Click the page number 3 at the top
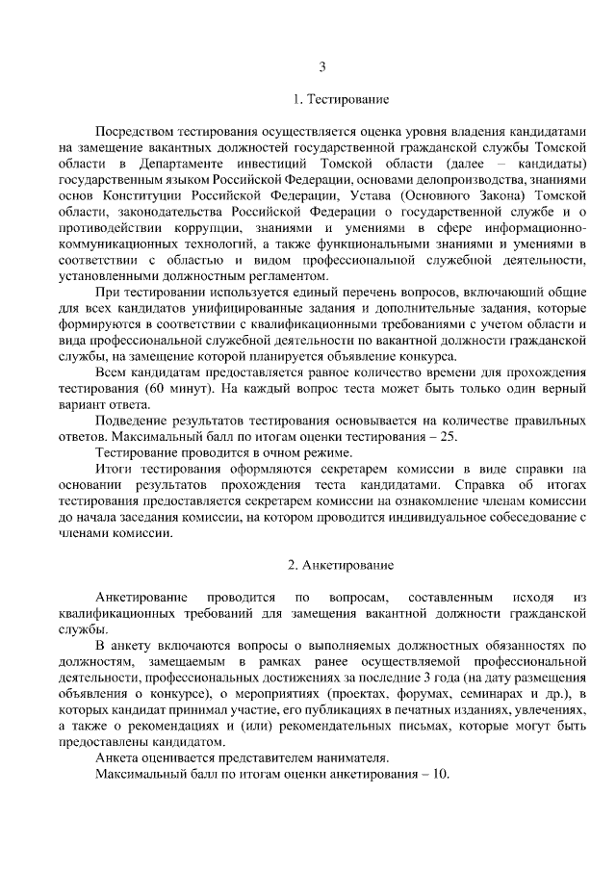click(x=323, y=66)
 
